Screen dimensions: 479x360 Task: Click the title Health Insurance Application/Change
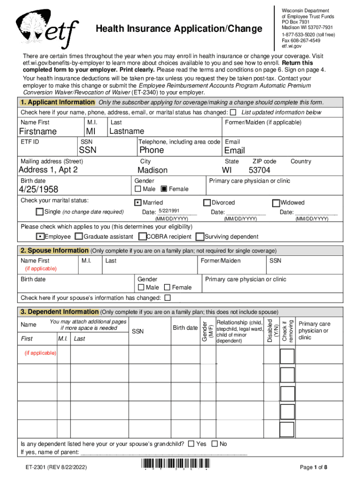pos(179,29)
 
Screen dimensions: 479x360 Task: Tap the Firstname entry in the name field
pos(38,131)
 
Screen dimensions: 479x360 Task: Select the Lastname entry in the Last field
pos(126,131)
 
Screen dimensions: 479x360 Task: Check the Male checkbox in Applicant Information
pos(138,189)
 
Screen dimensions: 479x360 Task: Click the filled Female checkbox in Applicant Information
pos(164,189)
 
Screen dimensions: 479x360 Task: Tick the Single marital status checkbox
pos(40,212)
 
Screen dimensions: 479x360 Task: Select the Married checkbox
pos(138,203)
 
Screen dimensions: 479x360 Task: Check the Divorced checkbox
pos(207,203)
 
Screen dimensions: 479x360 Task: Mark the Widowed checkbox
pos(276,203)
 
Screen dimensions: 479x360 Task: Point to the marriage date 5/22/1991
pos(169,211)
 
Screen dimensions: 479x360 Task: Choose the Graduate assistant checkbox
pos(79,237)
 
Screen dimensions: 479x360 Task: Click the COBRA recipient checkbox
pos(143,237)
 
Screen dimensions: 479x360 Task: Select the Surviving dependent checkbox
pos(200,237)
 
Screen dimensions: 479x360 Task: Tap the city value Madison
pos(152,170)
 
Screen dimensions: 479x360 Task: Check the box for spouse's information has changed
pos(167,298)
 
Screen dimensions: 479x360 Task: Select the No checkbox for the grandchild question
pos(215,443)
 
